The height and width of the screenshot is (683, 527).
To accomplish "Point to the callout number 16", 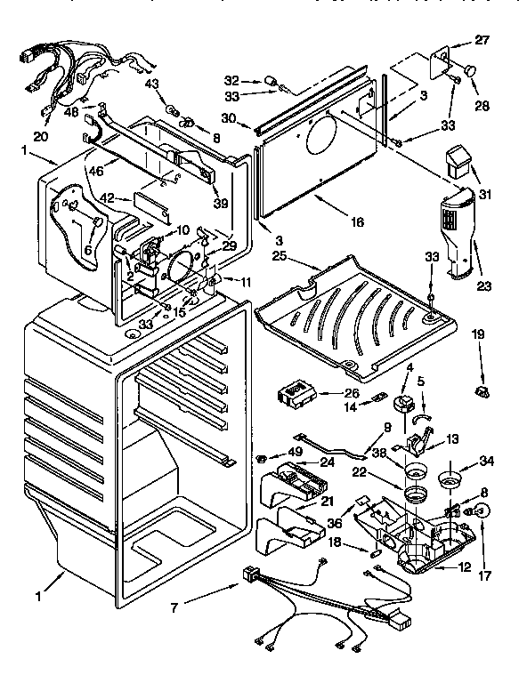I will click(x=356, y=221).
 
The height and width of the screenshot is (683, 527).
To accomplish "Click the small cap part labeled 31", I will click(x=458, y=162).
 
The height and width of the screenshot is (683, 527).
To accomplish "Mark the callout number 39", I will click(x=220, y=203).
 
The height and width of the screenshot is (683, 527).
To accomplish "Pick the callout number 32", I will click(x=256, y=78).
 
